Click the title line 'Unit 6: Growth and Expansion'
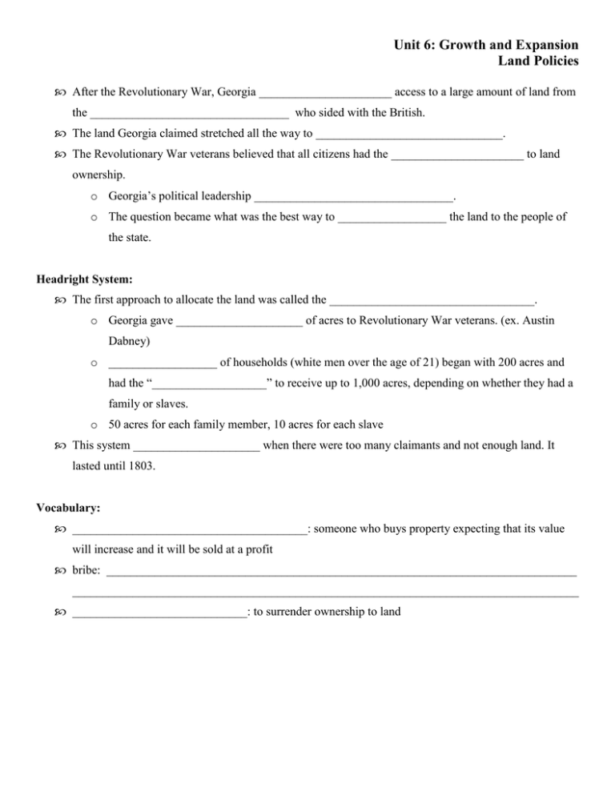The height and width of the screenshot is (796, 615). click(496, 45)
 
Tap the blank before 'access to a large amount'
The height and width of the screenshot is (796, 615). click(324, 93)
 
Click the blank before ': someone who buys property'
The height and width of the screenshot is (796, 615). click(189, 530)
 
